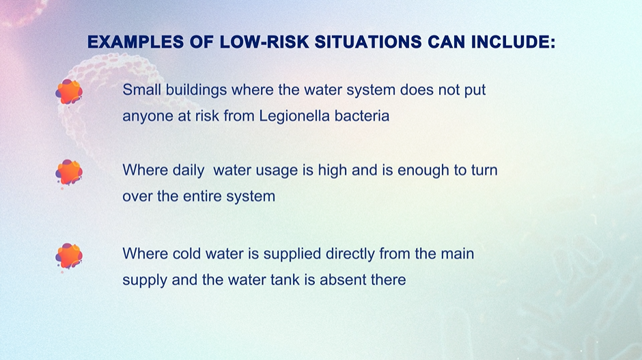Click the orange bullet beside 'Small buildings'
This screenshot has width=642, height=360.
[x=69, y=92]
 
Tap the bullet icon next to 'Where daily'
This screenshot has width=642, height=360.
[x=69, y=172]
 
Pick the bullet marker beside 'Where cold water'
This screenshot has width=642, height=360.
[x=69, y=256]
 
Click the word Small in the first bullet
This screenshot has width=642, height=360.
[x=141, y=89]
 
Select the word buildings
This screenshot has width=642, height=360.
[x=196, y=90]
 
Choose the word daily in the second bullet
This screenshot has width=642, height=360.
[x=189, y=171]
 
